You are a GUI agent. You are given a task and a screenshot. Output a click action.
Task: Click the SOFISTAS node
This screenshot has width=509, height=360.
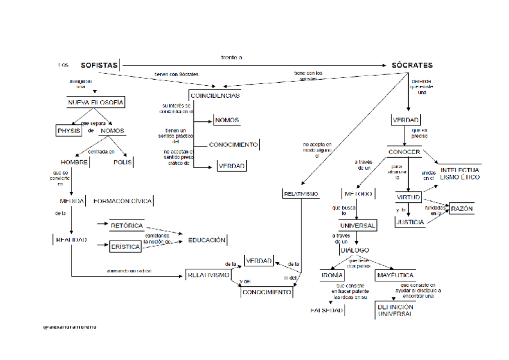click(x=99, y=65)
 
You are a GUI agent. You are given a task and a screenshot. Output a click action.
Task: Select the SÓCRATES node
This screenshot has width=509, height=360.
click(x=412, y=65)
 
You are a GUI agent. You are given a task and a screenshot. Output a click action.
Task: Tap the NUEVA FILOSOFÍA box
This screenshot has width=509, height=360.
click(x=95, y=103)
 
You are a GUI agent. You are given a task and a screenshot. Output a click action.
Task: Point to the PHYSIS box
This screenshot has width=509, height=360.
click(x=68, y=131)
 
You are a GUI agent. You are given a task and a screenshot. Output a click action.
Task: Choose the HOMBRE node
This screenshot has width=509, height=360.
click(x=74, y=162)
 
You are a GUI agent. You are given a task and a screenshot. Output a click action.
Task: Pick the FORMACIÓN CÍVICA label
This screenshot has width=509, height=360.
click(x=122, y=201)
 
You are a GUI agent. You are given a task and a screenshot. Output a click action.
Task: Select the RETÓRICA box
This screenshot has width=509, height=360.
click(x=127, y=226)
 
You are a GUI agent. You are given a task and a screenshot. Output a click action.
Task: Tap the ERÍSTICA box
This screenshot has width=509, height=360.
click(x=125, y=247)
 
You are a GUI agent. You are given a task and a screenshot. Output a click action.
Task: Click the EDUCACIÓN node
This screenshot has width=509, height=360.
click(x=206, y=240)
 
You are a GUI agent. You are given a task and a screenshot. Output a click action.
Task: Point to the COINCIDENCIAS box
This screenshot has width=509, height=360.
click(x=214, y=95)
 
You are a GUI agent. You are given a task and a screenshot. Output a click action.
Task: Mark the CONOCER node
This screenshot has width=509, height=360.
click(x=403, y=152)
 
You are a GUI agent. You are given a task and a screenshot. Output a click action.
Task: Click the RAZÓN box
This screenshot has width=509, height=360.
click(x=462, y=209)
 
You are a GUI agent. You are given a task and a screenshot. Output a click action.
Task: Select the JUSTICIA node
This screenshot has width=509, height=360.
click(x=410, y=222)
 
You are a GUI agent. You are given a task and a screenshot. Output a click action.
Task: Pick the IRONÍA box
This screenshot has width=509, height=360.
click(x=332, y=275)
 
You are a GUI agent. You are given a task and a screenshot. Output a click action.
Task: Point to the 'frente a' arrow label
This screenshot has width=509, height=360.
click(x=231, y=57)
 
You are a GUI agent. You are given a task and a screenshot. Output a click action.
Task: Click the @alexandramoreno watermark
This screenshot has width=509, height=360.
click(x=70, y=327)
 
